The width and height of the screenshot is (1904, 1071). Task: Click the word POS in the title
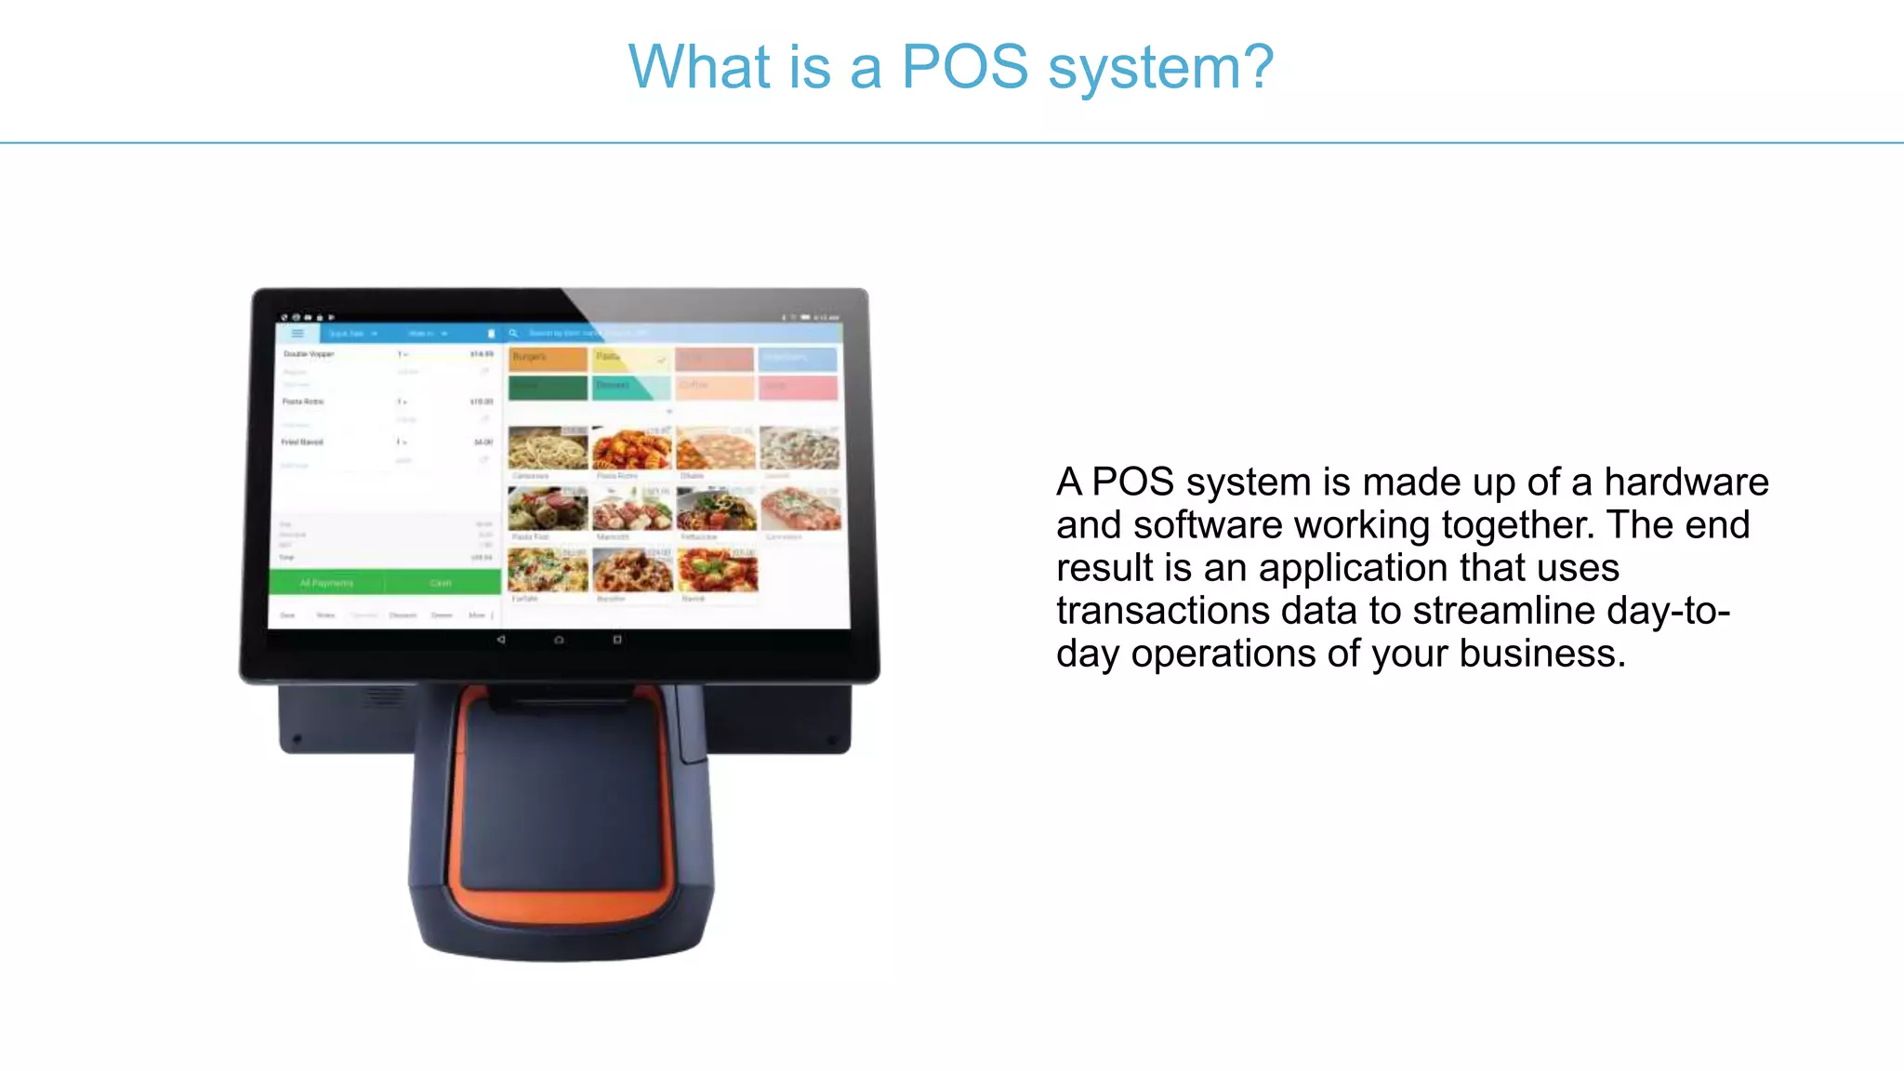click(x=964, y=68)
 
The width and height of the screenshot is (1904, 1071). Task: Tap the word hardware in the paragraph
click(x=1686, y=483)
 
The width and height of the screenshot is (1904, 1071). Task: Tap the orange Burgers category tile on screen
click(x=548, y=358)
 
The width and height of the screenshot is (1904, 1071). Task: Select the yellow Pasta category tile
click(x=630, y=358)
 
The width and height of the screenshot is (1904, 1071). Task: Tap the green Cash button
click(x=441, y=583)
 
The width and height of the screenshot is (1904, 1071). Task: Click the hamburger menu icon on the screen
click(x=297, y=333)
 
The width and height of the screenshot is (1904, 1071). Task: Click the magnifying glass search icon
click(x=513, y=333)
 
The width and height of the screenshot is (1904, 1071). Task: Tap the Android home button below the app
click(x=559, y=640)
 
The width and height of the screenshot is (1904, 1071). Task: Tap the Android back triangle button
click(x=501, y=640)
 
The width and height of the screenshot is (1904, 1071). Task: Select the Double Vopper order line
click(x=310, y=354)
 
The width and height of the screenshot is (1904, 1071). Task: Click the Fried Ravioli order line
click(x=303, y=443)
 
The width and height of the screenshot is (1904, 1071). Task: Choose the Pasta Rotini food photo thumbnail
click(x=632, y=449)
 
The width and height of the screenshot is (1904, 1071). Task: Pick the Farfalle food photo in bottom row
click(x=548, y=571)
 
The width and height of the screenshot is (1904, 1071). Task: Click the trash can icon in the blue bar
click(x=491, y=333)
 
